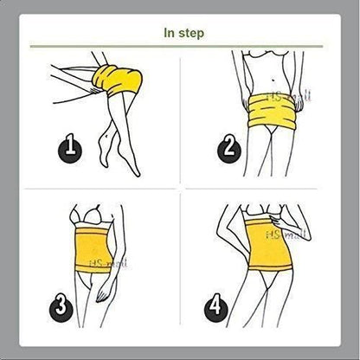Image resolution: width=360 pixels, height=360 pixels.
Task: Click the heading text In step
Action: pyautogui.click(x=183, y=33)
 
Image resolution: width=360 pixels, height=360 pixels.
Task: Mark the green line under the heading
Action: pyautogui.click(x=183, y=48)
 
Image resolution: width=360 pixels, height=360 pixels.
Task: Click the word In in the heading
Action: pyautogui.click(x=170, y=33)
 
